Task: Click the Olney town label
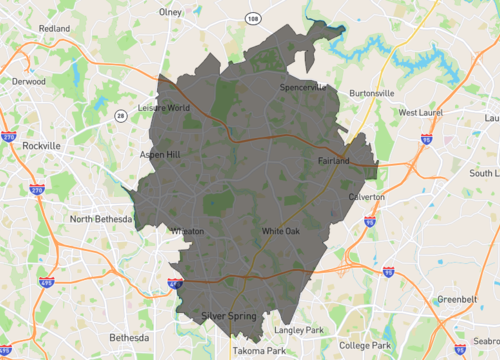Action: pos(170,13)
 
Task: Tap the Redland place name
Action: pos(55,29)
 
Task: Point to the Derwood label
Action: pos(29,81)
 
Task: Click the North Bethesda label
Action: pos(101,218)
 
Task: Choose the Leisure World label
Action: pos(164,108)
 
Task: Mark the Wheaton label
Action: pos(188,231)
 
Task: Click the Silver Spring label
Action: pos(228,316)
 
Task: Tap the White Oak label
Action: pos(280,232)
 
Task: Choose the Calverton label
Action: pos(366,198)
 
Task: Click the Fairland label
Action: pos(333,160)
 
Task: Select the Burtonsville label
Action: pos(372,93)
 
